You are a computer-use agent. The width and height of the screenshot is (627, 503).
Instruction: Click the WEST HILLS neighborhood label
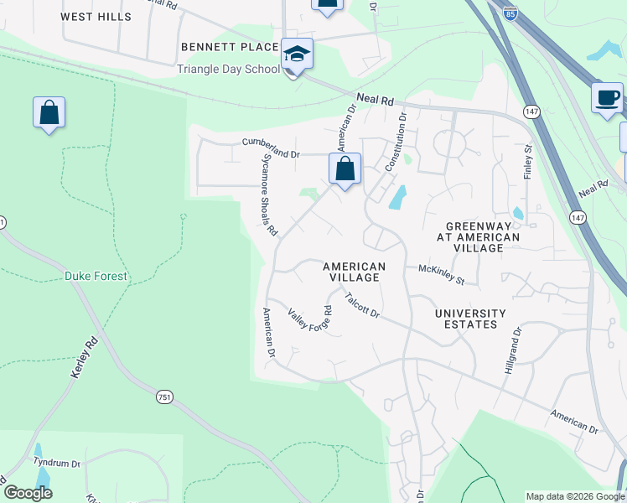coord(96,17)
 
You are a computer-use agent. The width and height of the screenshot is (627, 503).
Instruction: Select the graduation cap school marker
coord(296,54)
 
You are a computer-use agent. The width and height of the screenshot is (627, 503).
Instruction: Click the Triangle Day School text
coord(228,69)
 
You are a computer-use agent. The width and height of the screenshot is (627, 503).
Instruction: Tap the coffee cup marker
coord(607,97)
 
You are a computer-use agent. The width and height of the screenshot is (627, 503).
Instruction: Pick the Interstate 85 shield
coord(510,14)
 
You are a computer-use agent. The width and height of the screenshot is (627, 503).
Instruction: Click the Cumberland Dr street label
coord(271,148)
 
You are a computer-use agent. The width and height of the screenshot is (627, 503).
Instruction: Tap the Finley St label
coord(527,161)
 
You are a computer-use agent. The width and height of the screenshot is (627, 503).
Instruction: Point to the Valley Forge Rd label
coord(310,320)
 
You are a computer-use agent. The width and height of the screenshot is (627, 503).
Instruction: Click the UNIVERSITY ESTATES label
coord(470,320)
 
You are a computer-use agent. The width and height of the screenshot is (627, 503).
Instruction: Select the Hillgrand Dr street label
coord(510,350)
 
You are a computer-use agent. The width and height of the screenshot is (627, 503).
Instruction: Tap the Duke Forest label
coord(96,276)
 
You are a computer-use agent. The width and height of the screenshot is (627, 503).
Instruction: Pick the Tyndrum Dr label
coord(56,463)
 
